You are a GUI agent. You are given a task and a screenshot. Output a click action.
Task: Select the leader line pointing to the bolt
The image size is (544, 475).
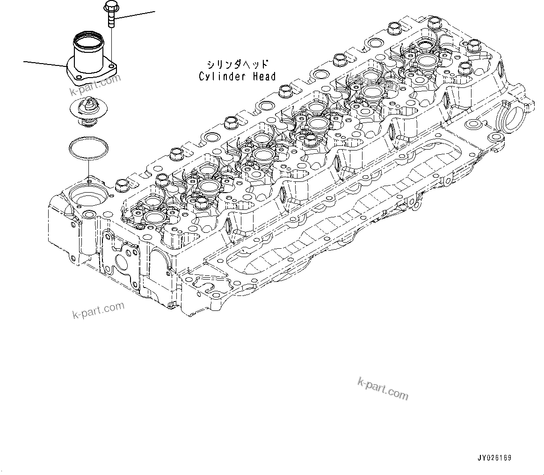coord(136,15)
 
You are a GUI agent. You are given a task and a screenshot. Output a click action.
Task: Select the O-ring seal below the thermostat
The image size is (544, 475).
coord(87,147)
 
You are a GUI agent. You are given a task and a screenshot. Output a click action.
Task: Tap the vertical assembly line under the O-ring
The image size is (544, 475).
coord(87,168)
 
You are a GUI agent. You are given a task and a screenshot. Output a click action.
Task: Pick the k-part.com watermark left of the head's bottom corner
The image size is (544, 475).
coord(98,310)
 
